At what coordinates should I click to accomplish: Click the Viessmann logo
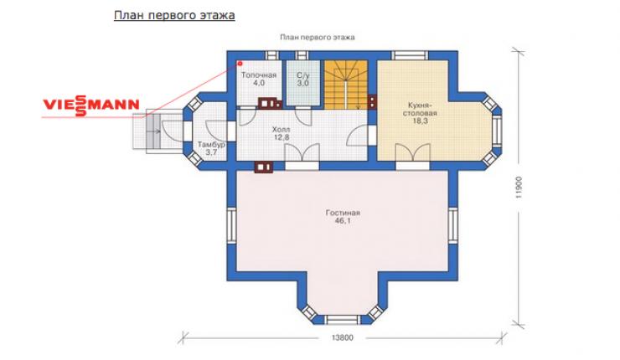coord(91,105)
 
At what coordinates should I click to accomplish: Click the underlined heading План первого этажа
coord(174,15)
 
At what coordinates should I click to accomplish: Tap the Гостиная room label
coord(343,213)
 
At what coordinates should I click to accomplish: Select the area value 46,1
coord(343,221)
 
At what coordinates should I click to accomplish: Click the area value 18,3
coord(421,121)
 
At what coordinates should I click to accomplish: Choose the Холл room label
coord(282,129)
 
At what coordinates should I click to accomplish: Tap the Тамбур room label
coord(211,145)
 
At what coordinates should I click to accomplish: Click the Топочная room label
coord(259,75)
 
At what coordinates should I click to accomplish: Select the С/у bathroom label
coord(303,75)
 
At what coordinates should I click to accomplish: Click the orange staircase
coord(346,85)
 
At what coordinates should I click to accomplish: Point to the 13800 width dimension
coord(343,338)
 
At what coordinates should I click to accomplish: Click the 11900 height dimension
coord(519,187)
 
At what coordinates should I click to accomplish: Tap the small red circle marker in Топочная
coord(240,64)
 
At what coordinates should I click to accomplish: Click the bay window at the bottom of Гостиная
coord(343,319)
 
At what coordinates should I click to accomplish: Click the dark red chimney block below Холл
coord(264,167)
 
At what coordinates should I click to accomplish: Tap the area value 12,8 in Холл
coord(282,137)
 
